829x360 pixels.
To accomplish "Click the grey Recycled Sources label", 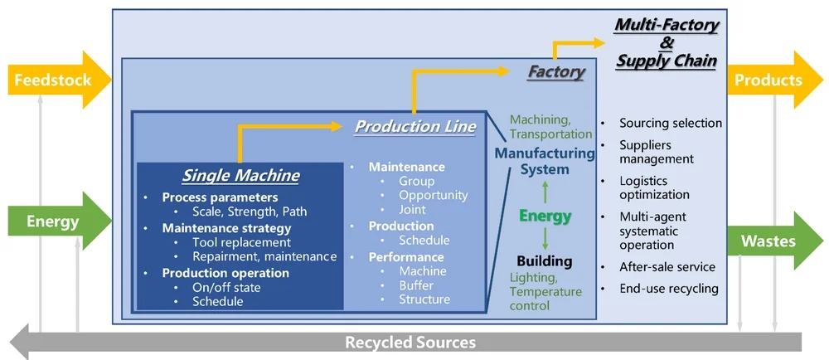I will (410, 342).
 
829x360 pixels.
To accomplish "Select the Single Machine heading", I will (240, 176).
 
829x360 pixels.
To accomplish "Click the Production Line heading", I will (415, 126).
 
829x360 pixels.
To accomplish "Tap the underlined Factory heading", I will (556, 72).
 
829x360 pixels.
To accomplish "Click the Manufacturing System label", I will (545, 161).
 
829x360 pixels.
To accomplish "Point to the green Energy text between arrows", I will (545, 216).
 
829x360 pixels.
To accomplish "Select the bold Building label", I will (545, 261).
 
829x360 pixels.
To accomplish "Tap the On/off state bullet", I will (226, 287).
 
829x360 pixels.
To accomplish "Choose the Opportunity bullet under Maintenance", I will (433, 195).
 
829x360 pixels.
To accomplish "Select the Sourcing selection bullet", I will (670, 123).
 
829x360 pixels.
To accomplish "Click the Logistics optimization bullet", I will (654, 187).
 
